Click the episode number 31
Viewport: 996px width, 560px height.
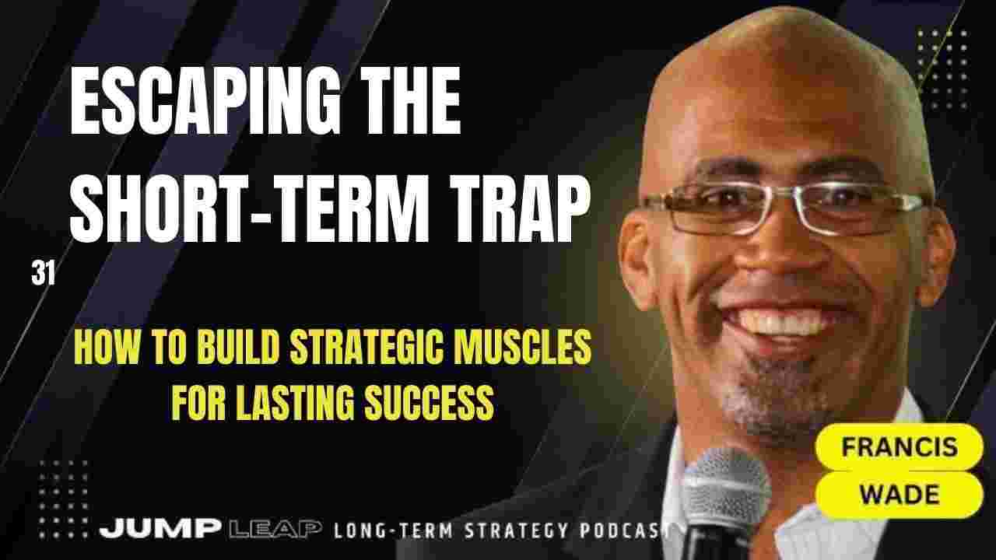[x=43, y=275]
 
